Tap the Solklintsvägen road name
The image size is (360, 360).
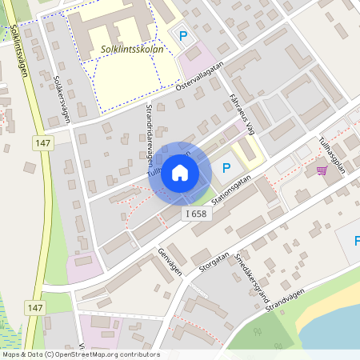coord(21,50)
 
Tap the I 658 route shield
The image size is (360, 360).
coord(196,214)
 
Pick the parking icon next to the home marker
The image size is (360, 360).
coord(226,168)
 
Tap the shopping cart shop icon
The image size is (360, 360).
coord(322,170)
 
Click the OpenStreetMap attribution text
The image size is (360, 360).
coord(80,354)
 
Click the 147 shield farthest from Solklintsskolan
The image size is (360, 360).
coord(34,308)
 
